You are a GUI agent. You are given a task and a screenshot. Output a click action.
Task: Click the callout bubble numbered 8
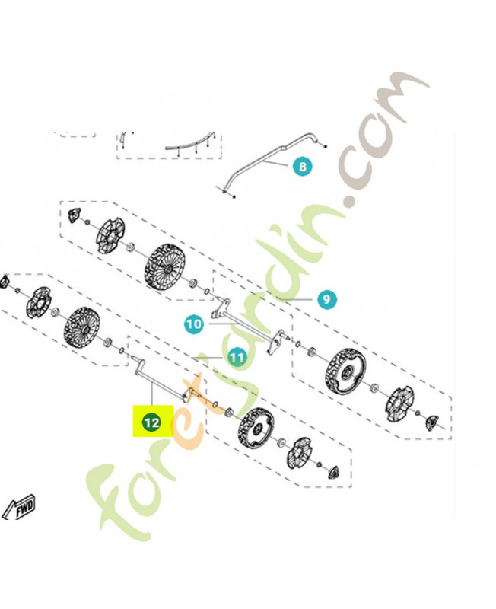click(302, 167)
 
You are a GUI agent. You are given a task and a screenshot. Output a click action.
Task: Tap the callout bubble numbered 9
click(326, 299)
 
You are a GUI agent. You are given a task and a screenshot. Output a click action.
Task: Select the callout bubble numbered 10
click(194, 324)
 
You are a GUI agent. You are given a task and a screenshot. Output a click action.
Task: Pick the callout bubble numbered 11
click(237, 356)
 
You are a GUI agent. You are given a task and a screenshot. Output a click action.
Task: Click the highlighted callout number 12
click(151, 422)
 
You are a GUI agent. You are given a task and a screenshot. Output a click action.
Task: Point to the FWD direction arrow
click(19, 506)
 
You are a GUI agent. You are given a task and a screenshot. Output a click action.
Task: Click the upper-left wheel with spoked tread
click(167, 268)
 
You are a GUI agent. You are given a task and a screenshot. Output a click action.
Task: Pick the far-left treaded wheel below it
click(82, 327)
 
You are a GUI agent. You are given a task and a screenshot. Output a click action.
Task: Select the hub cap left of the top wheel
click(110, 236)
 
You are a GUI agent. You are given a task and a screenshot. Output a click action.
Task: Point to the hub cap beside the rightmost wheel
click(399, 405)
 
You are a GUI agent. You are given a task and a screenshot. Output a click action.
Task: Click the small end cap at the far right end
click(432, 422)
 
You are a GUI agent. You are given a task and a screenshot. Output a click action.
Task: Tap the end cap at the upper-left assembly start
click(74, 215)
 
